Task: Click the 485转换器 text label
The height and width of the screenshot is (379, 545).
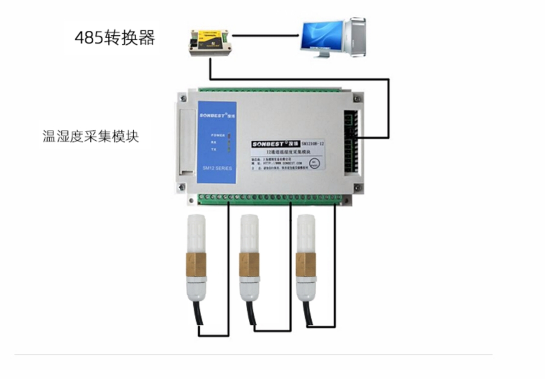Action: (x=115, y=38)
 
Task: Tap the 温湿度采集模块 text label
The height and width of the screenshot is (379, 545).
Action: (x=91, y=136)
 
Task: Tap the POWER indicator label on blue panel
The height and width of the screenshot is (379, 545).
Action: (x=218, y=135)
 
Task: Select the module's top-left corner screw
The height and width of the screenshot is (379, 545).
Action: (x=182, y=98)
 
